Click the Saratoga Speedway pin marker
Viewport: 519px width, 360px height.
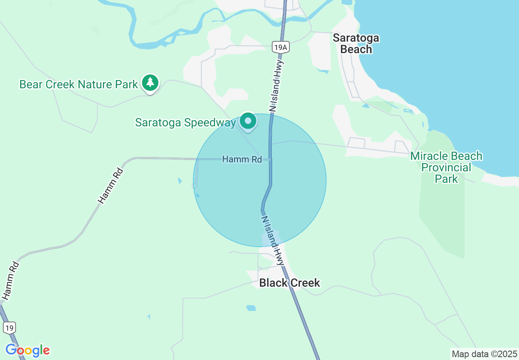(248, 121)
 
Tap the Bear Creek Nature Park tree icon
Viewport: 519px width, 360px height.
(150, 83)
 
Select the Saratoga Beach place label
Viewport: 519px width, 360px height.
(356, 44)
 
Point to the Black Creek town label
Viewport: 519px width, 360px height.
(290, 283)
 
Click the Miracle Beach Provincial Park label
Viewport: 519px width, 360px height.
(446, 167)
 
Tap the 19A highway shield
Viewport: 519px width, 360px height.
(281, 47)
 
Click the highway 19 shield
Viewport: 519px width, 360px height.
(9, 327)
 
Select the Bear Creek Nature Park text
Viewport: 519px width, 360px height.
(79, 85)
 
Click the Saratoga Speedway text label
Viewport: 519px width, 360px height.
(185, 122)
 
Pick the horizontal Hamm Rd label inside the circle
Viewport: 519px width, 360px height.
(242, 159)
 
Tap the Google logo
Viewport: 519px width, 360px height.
(27, 350)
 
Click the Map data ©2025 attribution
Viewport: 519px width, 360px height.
(484, 353)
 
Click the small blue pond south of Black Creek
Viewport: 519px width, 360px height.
(251, 308)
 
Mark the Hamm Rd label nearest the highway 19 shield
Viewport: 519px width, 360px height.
(11, 280)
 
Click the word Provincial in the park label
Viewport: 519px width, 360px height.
(446, 167)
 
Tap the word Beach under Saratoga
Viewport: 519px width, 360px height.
(356, 49)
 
